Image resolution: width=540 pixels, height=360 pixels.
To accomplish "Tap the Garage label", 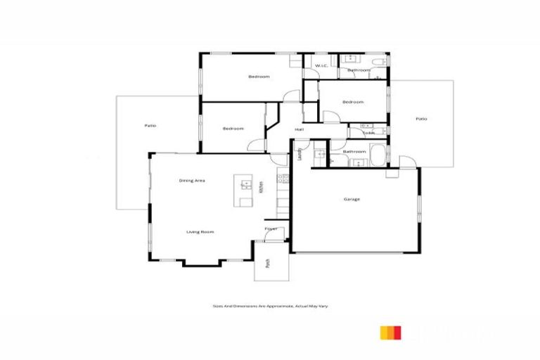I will (352, 199).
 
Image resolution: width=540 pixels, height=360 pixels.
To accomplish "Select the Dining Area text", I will (191, 181).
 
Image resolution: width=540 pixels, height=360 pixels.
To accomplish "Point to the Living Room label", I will (200, 231).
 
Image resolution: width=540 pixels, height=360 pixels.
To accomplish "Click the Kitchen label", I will (262, 186).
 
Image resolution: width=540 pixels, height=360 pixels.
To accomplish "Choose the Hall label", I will (299, 129).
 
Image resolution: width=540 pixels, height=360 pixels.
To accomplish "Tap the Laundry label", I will (300, 154).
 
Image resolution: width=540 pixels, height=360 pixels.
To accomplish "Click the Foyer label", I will (271, 229).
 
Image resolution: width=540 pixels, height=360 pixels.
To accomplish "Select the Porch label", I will (268, 264).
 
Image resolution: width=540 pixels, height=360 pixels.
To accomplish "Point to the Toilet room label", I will (368, 132).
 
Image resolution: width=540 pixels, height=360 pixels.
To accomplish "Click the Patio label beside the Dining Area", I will (150, 125).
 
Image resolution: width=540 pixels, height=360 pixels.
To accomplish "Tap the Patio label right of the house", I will (420, 119).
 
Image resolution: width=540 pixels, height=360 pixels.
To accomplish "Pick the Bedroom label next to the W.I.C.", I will (258, 76).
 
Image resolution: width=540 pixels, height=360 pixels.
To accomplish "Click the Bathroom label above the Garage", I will (354, 151).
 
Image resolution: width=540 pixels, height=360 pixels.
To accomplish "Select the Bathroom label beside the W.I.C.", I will (359, 70).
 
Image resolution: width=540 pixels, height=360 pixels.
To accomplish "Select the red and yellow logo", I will (391, 333).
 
